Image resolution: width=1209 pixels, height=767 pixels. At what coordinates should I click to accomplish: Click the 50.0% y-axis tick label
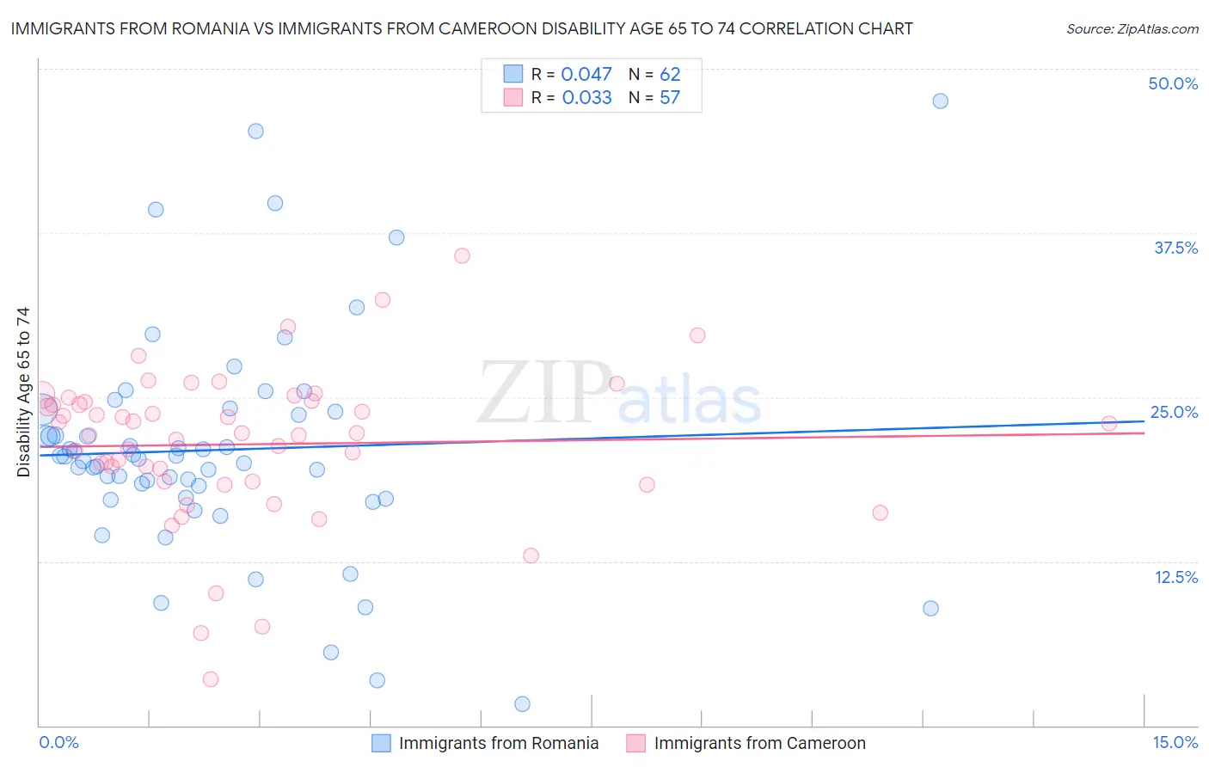coord(1173,83)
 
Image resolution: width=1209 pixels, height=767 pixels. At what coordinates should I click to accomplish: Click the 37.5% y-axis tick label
coord(1175,248)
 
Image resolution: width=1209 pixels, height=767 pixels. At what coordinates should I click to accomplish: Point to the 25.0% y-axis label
coord(1174,412)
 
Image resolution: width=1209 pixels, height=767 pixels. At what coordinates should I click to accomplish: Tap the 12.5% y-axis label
coord(1175,577)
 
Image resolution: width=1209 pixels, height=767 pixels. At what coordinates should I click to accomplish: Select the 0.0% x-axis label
coord(58,742)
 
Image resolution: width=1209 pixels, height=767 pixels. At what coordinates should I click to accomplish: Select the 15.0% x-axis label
coord(1175,742)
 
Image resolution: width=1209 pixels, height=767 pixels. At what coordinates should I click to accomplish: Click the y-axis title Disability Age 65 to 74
coord(23,392)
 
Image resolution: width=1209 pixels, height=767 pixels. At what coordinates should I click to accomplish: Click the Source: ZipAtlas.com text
coord(1132,28)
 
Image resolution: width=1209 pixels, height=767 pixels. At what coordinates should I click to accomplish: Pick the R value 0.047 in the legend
coord(586,74)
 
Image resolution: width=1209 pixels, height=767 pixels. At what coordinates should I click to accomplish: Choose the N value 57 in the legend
coord(670,97)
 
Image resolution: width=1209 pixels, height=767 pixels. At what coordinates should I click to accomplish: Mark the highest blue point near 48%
coord(940,101)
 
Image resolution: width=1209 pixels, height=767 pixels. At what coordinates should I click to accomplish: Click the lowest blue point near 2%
coord(522,704)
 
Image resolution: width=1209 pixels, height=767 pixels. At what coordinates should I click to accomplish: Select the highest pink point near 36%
coord(462,255)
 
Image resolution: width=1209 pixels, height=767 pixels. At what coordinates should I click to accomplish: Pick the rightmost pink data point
coord(1109,423)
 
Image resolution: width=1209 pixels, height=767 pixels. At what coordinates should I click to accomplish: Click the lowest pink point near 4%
coord(210,679)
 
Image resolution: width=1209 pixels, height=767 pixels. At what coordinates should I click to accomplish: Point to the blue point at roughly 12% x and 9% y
coord(930,608)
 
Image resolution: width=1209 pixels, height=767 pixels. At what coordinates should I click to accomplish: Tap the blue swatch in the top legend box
coord(513,74)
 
